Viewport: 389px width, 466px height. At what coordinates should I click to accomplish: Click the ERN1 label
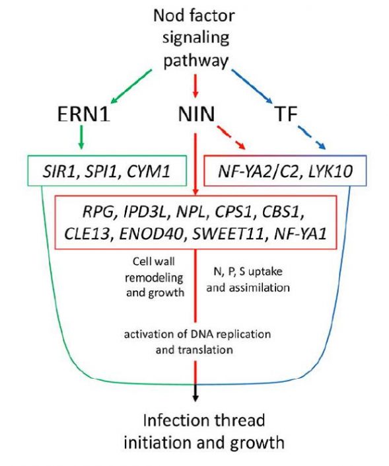(x=81, y=116)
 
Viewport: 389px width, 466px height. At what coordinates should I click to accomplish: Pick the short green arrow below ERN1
(x=81, y=139)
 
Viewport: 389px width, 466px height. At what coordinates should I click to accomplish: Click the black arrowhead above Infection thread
(x=195, y=397)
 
